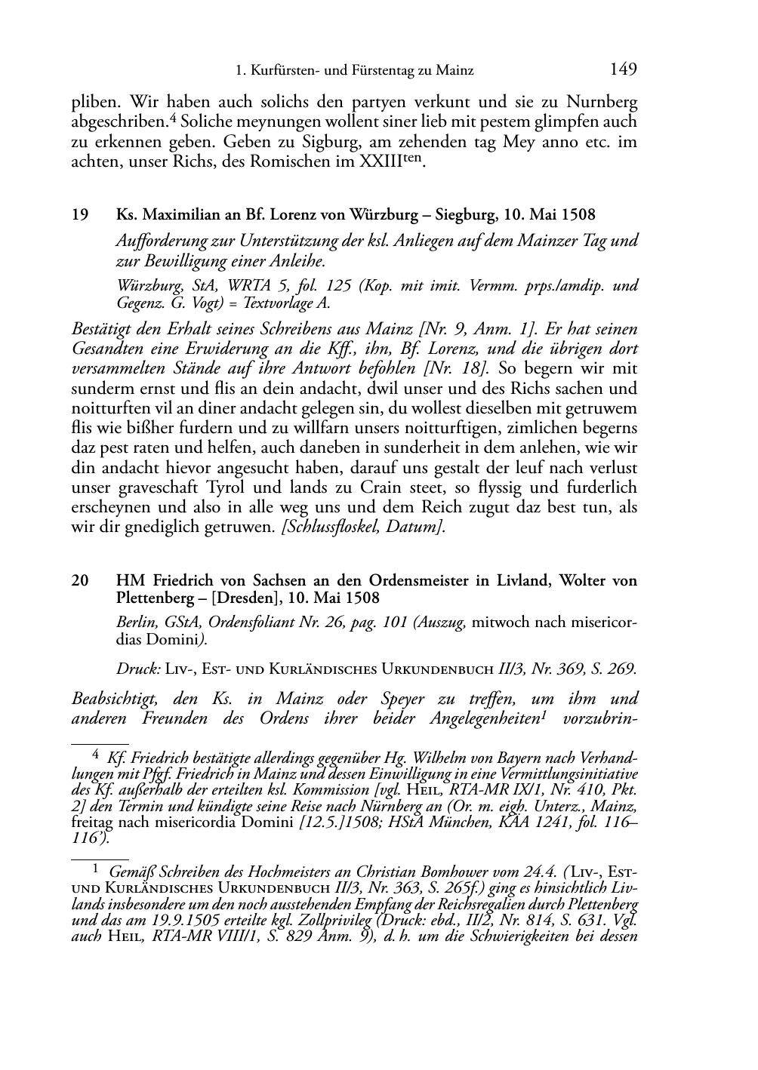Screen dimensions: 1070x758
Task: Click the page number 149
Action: [x=623, y=69]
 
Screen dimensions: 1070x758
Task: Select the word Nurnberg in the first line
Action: [x=600, y=101]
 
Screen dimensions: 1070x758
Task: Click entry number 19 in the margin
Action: [x=79, y=215]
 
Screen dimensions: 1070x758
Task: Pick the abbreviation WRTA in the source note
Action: [x=249, y=286]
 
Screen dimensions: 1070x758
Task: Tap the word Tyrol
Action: [x=288, y=487]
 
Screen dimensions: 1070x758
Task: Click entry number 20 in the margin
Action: [x=79, y=580]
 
